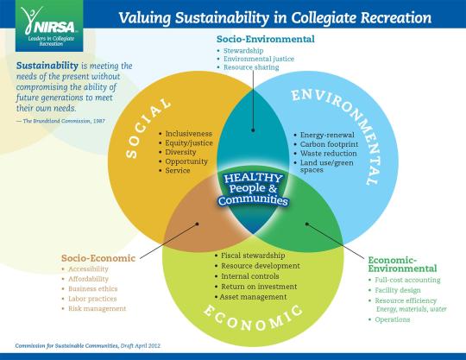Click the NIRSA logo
coord(49,26)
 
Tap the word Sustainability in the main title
coord(222,18)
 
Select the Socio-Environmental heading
coord(266,39)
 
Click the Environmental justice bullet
coord(259,59)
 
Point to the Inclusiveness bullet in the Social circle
coord(188,134)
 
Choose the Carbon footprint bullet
coord(329,144)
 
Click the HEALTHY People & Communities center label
coord(253,189)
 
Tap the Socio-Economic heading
coord(98,258)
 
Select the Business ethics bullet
coord(92,288)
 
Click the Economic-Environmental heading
coord(402,264)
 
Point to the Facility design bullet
coord(398,290)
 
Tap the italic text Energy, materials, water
coord(412,309)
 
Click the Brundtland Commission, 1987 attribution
coord(64,121)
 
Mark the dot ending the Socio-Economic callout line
coord(197,224)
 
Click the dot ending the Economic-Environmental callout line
coord(307,224)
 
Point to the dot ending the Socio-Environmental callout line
coord(253,129)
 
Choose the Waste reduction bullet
coord(329,154)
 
